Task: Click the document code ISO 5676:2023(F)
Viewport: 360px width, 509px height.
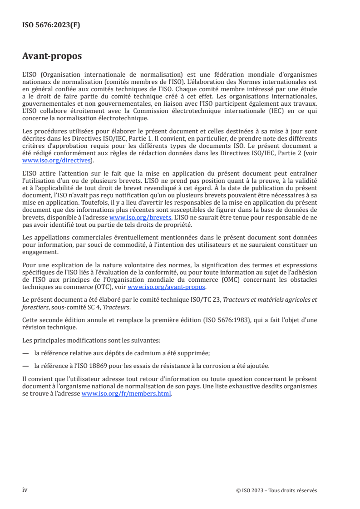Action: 51,25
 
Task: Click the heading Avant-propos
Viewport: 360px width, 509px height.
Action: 52,57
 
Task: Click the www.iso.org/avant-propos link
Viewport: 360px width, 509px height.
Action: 167,287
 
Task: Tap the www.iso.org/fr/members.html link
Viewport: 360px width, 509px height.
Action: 126,393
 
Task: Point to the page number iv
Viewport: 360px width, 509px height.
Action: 25,489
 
